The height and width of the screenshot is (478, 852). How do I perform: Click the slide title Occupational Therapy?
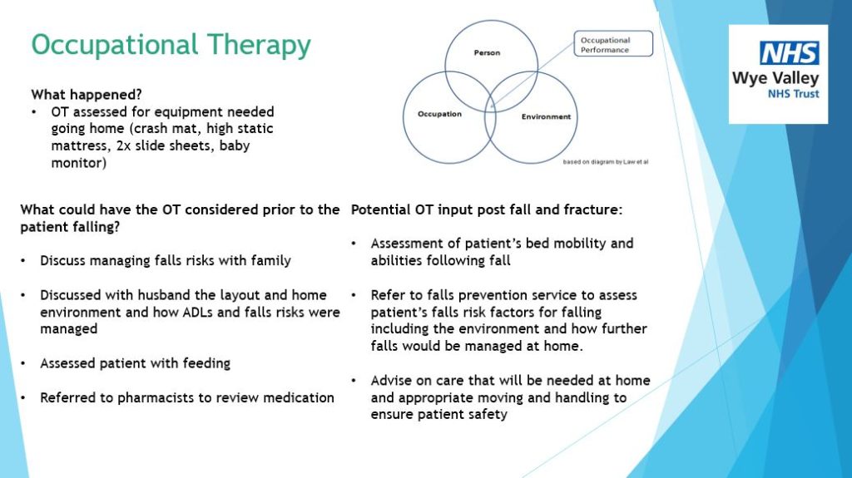pos(171,46)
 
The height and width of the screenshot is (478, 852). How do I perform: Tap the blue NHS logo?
pos(789,53)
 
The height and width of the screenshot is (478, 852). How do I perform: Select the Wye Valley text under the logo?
pos(775,78)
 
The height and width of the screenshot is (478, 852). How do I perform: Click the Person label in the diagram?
pos(487,52)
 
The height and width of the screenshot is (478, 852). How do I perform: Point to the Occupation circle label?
pos(439,114)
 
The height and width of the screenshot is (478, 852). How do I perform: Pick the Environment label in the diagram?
pos(546,116)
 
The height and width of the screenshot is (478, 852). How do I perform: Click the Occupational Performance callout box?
pos(613,43)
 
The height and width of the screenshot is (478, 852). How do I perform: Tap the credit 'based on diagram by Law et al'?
pos(606,162)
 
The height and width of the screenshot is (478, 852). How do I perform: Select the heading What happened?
pos(87,95)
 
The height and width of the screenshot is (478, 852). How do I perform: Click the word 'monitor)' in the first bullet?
pos(79,163)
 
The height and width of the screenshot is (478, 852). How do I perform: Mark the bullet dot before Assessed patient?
pos(22,364)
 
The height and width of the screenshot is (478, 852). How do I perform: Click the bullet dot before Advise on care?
pos(354,381)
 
